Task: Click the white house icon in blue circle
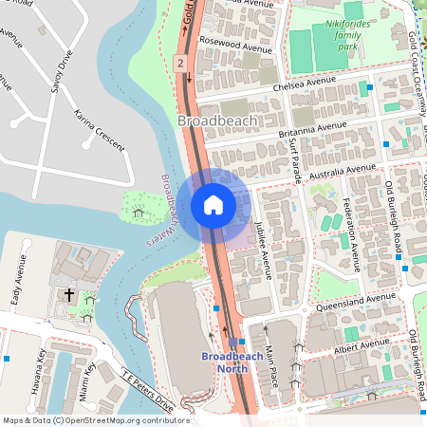[x=213, y=204]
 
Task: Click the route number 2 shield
[x=178, y=63]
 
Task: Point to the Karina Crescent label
[x=99, y=131]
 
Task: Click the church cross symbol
[x=68, y=295]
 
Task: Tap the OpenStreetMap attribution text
[x=95, y=419]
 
